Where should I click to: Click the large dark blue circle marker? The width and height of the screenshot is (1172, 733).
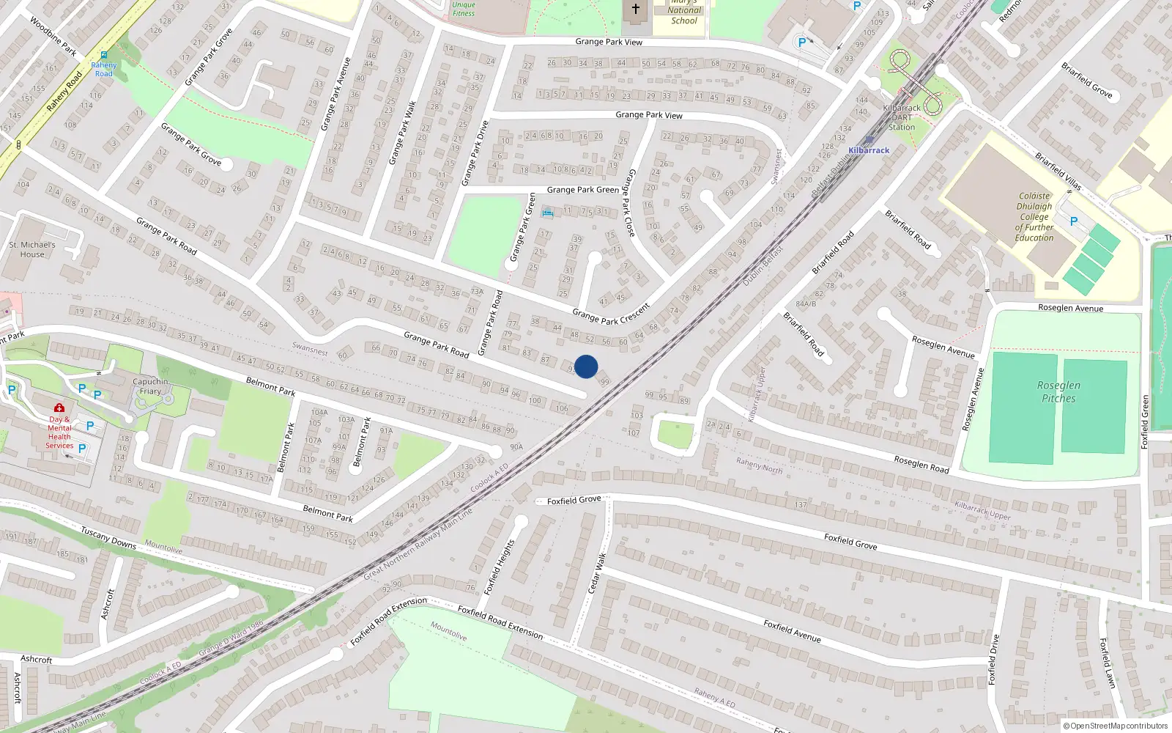(586, 366)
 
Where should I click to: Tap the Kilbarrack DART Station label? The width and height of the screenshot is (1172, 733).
(902, 117)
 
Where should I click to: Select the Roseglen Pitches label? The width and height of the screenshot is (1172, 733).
(1058, 391)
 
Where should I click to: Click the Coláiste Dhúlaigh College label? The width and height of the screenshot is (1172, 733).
(1034, 217)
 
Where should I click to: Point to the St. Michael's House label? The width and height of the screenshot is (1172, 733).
(32, 249)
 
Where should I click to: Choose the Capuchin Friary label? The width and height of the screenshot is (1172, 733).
(150, 386)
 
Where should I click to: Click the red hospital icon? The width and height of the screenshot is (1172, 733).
(59, 408)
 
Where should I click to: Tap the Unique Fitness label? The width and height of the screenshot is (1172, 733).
(464, 9)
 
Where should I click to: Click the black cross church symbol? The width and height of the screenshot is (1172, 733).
(636, 9)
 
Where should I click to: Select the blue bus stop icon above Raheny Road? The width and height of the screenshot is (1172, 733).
(104, 55)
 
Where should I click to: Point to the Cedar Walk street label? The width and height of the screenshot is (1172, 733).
(597, 573)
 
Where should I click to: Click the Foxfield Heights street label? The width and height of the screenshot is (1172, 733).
(501, 567)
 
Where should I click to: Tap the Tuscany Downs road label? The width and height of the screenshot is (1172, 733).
(108, 537)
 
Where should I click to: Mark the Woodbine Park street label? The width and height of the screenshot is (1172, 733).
(53, 36)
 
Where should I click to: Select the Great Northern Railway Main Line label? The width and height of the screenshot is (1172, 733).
(418, 544)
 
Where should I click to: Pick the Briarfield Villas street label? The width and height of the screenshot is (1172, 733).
(1058, 171)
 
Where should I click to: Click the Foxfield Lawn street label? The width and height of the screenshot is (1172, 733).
(1107, 663)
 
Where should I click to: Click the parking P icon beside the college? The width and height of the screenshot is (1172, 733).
(1074, 221)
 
